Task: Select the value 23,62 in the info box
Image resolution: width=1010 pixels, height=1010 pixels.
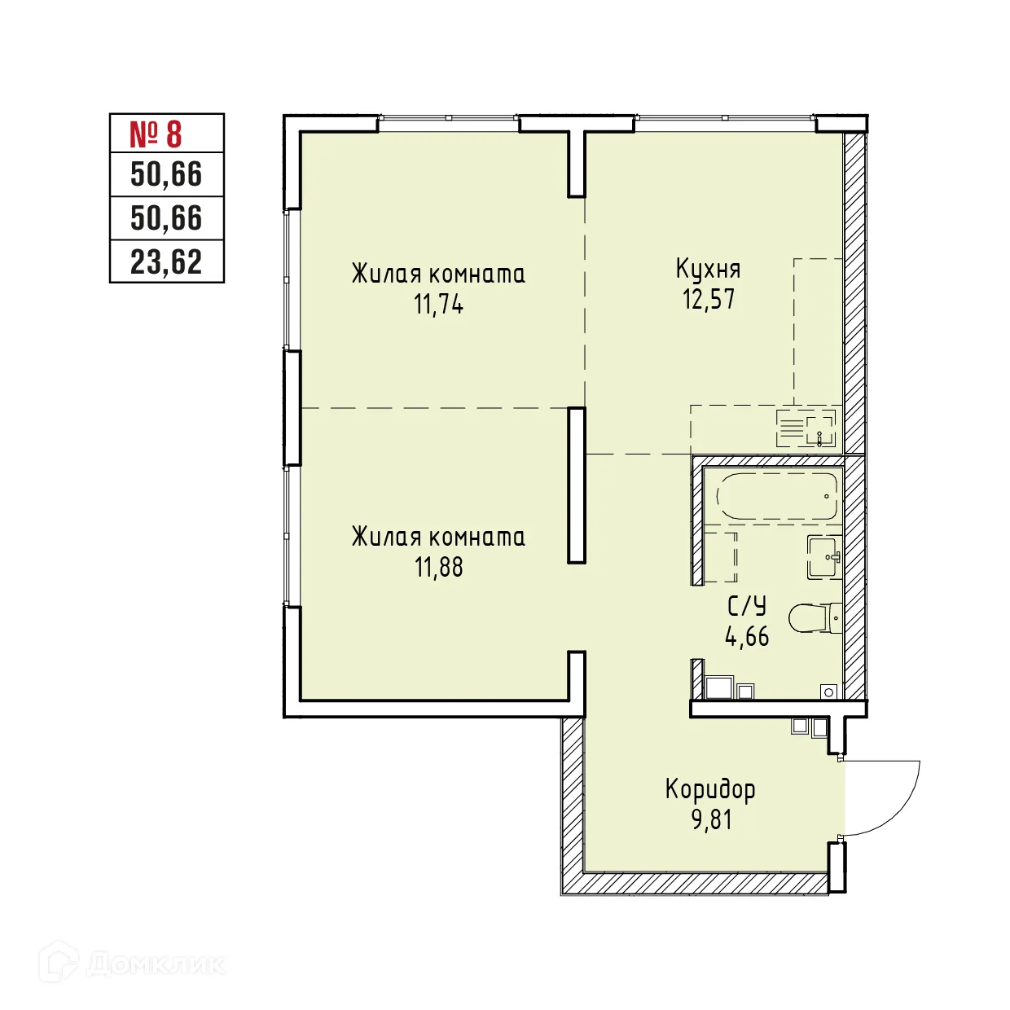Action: [x=166, y=262]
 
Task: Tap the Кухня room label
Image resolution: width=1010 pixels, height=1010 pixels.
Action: [x=708, y=269]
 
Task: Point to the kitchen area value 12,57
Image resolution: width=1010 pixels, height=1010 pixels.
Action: [x=708, y=300]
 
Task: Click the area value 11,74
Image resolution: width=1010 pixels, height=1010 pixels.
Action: [x=438, y=305]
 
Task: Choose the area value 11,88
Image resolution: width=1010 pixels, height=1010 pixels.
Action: [x=438, y=567]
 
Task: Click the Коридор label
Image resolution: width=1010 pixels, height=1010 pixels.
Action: [x=710, y=789]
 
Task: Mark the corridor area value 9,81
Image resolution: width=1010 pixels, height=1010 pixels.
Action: [x=711, y=819]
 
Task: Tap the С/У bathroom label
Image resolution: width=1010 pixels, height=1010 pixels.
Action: [x=746, y=606]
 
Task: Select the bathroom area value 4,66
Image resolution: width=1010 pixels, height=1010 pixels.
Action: [x=746, y=636]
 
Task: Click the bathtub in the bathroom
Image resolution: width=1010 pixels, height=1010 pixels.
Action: [x=777, y=496]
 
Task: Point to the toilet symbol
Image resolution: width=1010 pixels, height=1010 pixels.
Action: [x=815, y=618]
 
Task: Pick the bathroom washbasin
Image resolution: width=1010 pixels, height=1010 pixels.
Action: [x=824, y=557]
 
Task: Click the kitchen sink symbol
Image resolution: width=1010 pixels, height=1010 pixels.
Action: [x=806, y=428]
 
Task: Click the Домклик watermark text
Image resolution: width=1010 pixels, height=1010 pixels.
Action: [x=155, y=965]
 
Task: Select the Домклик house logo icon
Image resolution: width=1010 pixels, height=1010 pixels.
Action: [x=60, y=962]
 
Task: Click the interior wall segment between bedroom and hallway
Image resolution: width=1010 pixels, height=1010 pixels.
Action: [x=577, y=485]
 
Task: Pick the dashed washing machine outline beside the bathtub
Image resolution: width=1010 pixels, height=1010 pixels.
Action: [x=720, y=555]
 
